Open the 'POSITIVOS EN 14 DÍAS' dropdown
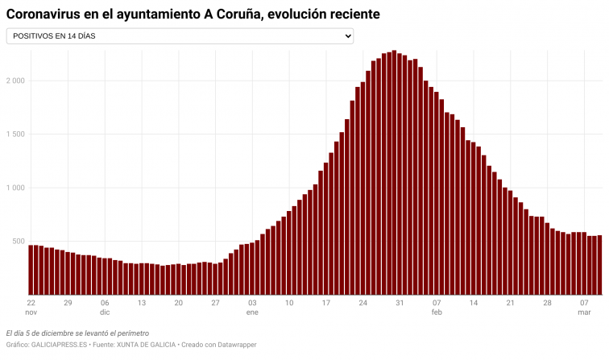click(179, 36)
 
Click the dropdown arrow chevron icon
click(348, 36)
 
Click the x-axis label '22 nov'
click(31, 307)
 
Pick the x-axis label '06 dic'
click(105, 307)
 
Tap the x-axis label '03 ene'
click(252, 307)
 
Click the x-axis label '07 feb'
click(437, 307)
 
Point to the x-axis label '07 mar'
click(584, 307)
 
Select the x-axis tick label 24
click(363, 303)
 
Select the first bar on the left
click(31, 270)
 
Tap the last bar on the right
click(599, 265)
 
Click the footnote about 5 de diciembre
click(77, 333)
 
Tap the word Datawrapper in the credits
click(235, 345)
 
